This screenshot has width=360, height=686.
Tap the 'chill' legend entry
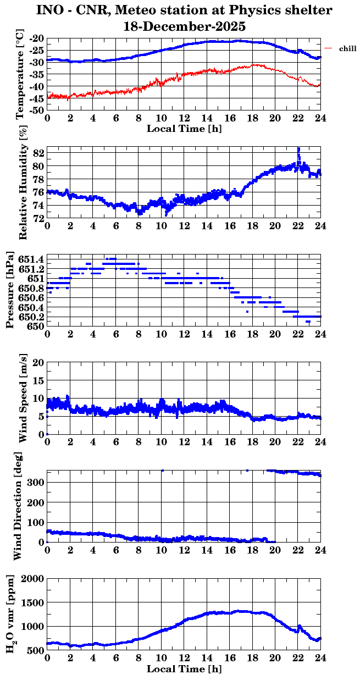(x=348, y=49)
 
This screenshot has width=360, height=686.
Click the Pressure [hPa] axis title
(x=9, y=290)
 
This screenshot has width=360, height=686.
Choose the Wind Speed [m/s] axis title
(x=23, y=398)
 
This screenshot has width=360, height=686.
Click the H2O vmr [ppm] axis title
(x=10, y=614)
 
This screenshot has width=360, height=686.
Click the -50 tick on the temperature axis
(x=36, y=110)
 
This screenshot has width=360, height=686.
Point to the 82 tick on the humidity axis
(x=37, y=152)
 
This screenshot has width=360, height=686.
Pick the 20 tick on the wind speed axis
(x=37, y=362)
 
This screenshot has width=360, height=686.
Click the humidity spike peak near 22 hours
(x=298, y=148)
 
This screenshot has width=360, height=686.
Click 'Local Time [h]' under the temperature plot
(x=184, y=129)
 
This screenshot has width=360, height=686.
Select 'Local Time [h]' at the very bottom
(x=184, y=669)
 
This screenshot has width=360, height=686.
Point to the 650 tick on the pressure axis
(x=36, y=326)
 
